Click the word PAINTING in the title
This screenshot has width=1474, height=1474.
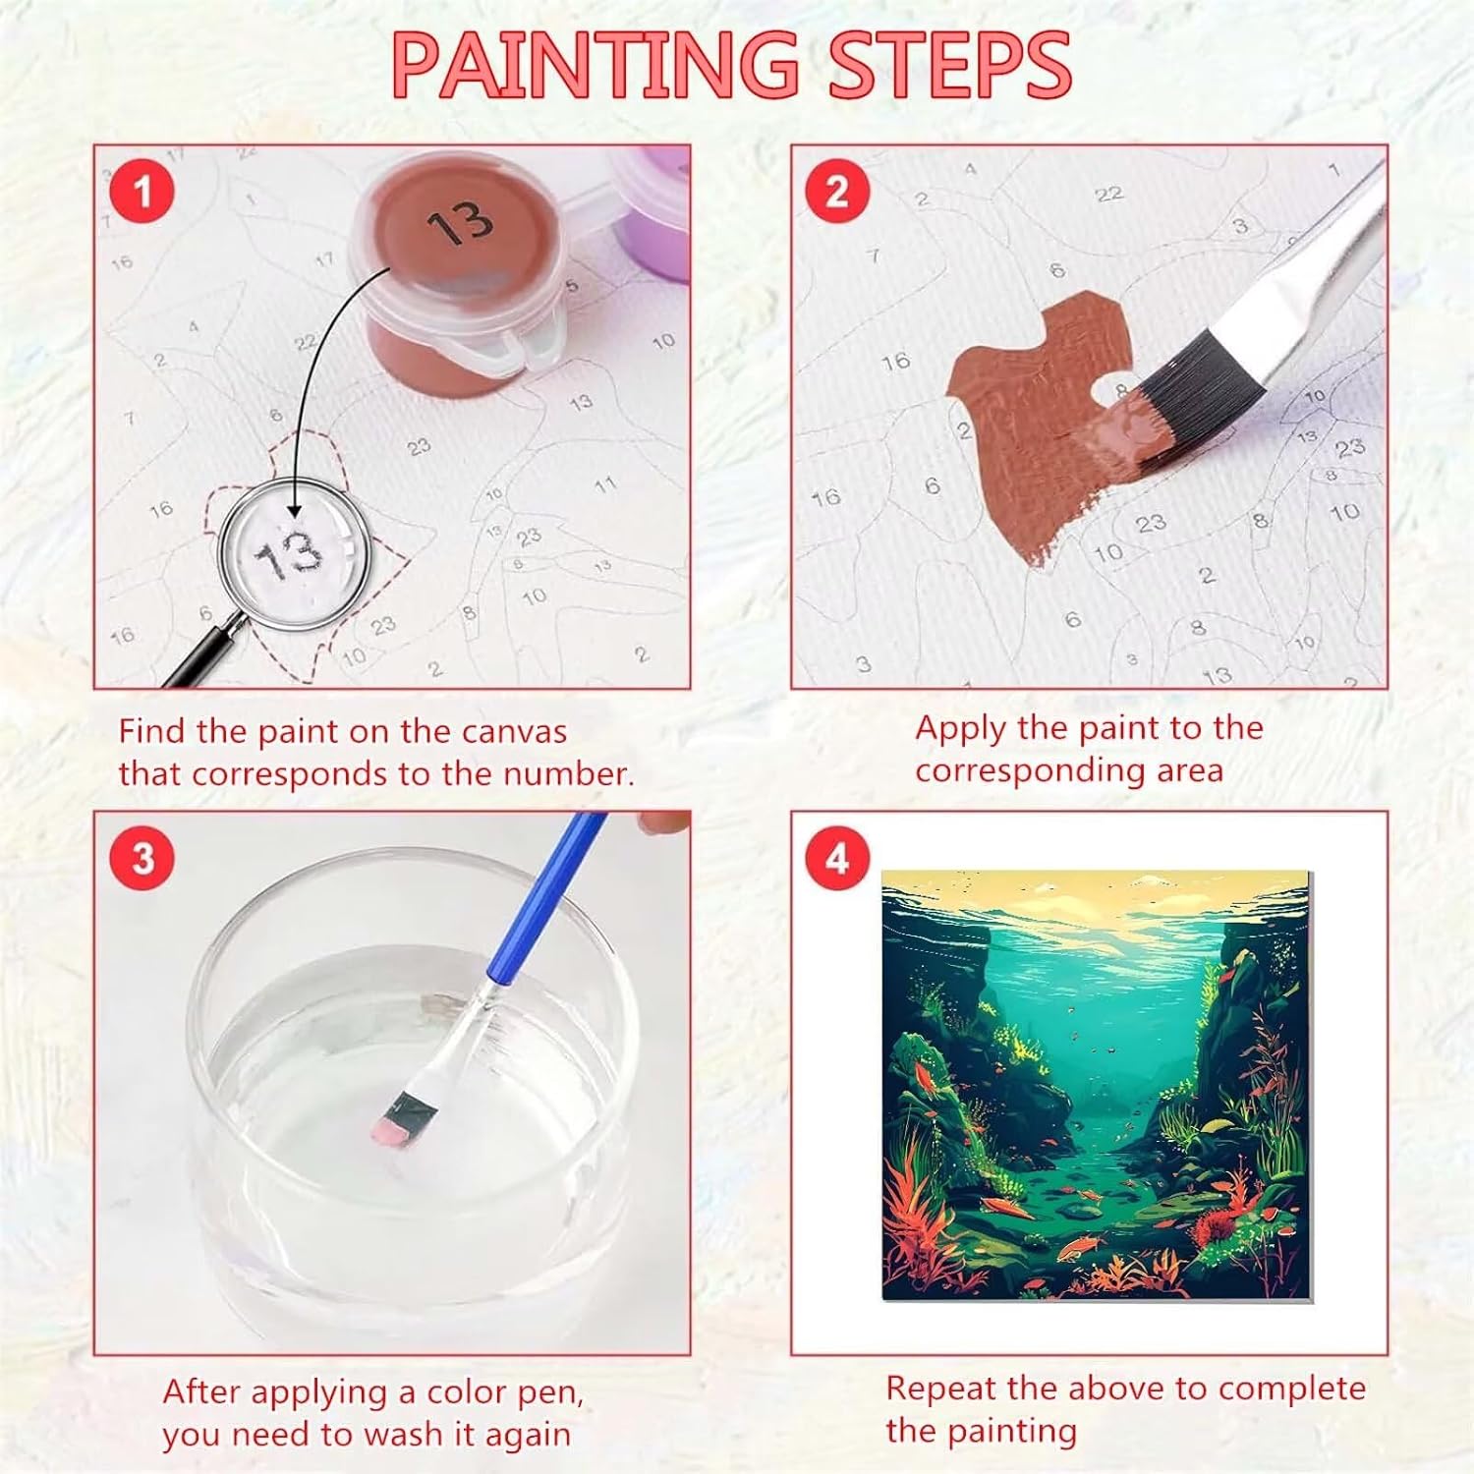click(x=595, y=65)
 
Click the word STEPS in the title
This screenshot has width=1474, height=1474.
click(x=949, y=65)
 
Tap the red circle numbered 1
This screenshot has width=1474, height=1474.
click(x=142, y=191)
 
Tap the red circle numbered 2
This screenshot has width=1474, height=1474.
click(x=837, y=191)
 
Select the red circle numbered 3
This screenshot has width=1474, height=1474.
click(x=143, y=858)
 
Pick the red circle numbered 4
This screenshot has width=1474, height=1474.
click(x=837, y=858)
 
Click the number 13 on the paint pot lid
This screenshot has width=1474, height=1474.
click(x=460, y=224)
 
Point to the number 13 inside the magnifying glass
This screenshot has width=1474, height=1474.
click(x=288, y=556)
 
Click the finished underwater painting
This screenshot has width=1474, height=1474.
click(x=1097, y=1085)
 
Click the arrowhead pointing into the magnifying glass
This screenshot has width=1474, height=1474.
click(x=293, y=509)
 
